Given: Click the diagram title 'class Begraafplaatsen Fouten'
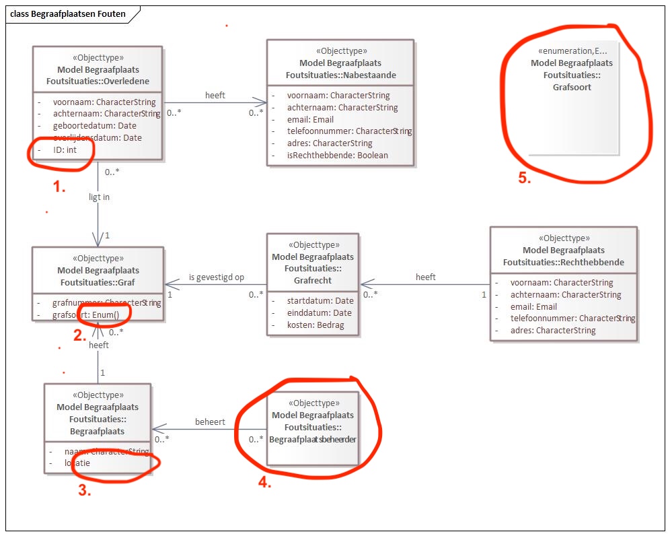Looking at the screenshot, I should tap(68, 13).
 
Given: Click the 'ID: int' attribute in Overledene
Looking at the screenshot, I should tap(65, 150).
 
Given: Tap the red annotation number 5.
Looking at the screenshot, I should tap(524, 178).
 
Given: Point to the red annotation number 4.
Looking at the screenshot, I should tap(265, 482).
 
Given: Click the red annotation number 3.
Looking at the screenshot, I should tap(84, 491).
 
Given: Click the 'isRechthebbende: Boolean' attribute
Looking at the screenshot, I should tap(337, 156).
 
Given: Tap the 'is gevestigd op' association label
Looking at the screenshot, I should tap(216, 277).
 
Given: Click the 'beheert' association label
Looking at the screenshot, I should tap(210, 422).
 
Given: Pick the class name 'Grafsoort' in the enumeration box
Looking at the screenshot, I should tap(572, 87).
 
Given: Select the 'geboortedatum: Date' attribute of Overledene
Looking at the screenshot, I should tap(94, 126).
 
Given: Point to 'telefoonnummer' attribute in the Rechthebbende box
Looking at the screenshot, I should tap(572, 319).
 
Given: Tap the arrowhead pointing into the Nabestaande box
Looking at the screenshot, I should tap(263, 102).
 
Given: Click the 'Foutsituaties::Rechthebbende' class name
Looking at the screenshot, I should tap(563, 262).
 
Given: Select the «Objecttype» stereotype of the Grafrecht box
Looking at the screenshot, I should tap(313, 244).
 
